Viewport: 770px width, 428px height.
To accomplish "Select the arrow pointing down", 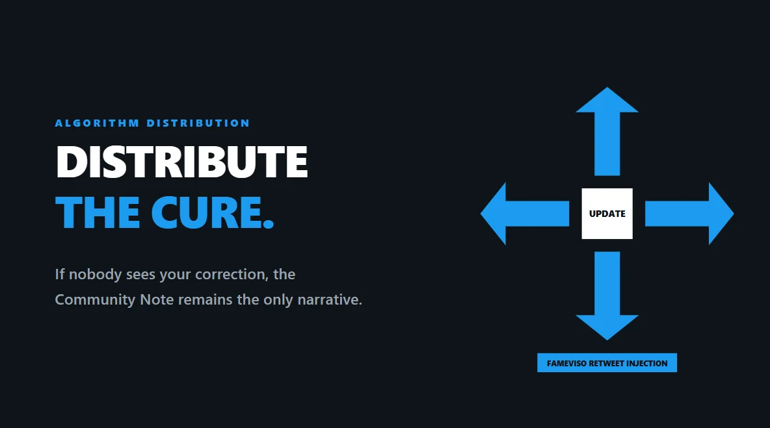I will click(x=607, y=296).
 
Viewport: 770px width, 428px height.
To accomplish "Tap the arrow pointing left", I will click(x=524, y=214).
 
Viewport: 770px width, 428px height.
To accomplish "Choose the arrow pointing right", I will click(x=690, y=214).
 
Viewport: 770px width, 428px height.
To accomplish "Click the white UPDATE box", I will click(x=607, y=214).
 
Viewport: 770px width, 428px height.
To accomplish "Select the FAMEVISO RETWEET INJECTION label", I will click(x=607, y=363).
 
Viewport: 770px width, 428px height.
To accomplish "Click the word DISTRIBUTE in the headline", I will click(x=182, y=162).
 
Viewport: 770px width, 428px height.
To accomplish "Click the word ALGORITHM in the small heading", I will click(x=97, y=123).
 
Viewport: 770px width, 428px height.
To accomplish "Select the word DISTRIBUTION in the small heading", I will click(x=198, y=123).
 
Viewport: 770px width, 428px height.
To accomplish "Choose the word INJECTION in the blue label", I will click(x=646, y=363).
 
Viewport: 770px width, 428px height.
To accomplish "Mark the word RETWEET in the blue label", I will click(x=606, y=363).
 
